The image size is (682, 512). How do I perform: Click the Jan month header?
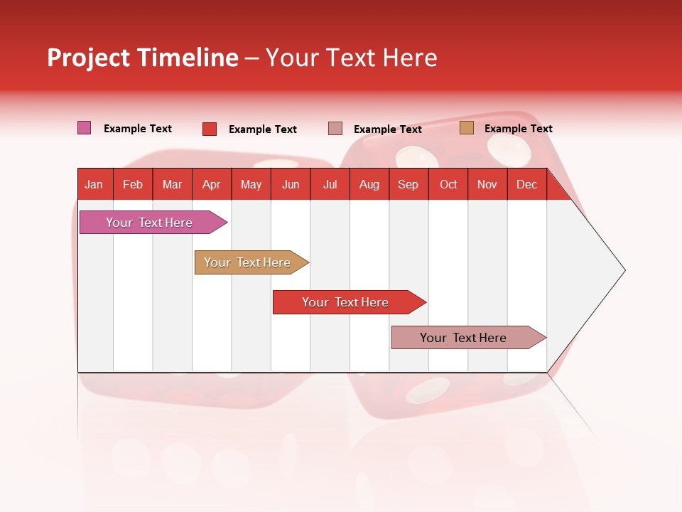[x=94, y=184]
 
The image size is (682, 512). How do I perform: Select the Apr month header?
[x=212, y=184]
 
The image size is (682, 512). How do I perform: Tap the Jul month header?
[x=330, y=184]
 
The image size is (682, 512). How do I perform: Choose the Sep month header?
[x=408, y=184]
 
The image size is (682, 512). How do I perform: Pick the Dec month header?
[x=526, y=184]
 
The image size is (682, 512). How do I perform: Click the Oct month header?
[x=448, y=184]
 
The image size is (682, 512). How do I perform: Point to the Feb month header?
[x=133, y=184]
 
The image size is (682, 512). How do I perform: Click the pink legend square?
[x=84, y=128]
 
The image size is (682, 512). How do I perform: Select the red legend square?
[x=209, y=129]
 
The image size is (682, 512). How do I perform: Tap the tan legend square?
[x=466, y=128]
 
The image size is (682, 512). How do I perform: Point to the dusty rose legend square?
[x=335, y=129]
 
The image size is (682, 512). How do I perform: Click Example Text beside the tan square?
[x=518, y=129]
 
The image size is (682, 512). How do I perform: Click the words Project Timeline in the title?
[x=142, y=58]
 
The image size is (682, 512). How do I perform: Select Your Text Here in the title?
[x=351, y=58]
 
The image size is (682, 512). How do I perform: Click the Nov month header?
[x=487, y=184]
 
